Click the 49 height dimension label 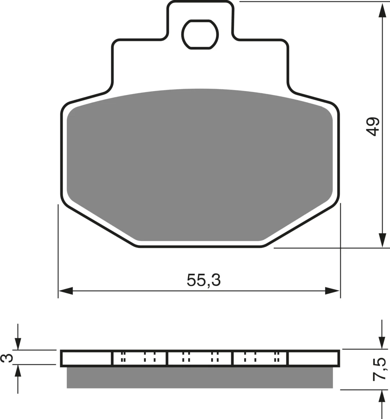click(x=373, y=126)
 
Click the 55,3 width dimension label click(x=204, y=280)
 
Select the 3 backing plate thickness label click(x=7, y=358)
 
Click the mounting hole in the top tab click(x=200, y=34)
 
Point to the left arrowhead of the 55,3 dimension click(x=65, y=291)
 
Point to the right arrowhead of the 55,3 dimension click(x=333, y=291)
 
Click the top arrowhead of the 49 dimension click(x=382, y=11)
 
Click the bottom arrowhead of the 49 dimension click(x=382, y=240)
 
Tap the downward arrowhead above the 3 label click(x=18, y=344)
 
